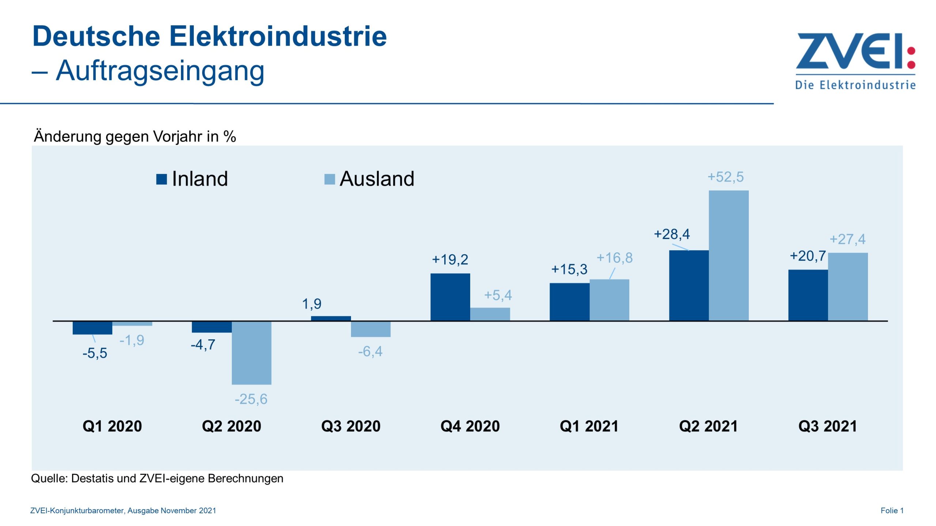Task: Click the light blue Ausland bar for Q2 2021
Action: [x=728, y=256]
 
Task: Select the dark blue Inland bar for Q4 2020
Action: [x=450, y=297]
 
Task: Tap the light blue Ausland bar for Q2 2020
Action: [x=252, y=352]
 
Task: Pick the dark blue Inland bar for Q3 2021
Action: [x=808, y=295]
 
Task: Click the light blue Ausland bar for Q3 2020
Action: [x=370, y=329]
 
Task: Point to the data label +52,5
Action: [x=725, y=177]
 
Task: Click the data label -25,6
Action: [x=251, y=399]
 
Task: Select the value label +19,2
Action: [x=450, y=260]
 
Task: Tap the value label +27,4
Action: [x=847, y=239]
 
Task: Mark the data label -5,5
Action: [x=95, y=353]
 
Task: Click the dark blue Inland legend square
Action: [x=161, y=179]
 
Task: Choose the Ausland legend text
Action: [x=377, y=179]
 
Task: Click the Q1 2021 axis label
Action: [x=589, y=426]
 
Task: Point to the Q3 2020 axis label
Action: [x=351, y=426]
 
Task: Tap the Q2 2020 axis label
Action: [x=231, y=426]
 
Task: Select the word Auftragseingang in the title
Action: [x=160, y=70]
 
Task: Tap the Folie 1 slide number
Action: [x=891, y=511]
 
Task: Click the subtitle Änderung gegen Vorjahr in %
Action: [x=135, y=137]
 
